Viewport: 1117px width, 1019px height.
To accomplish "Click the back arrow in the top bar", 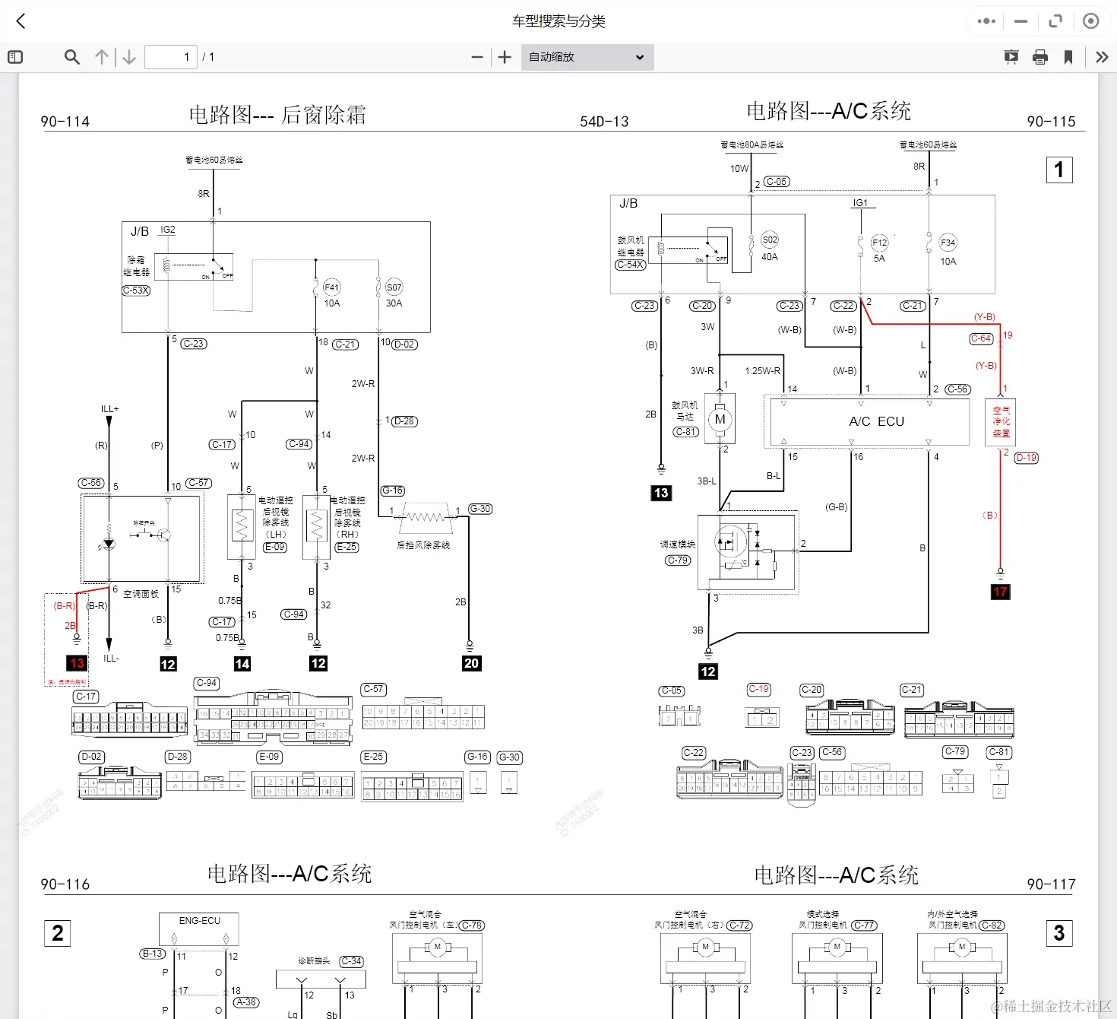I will click(x=21, y=21).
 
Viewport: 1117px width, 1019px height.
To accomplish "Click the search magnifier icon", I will click(x=72, y=57).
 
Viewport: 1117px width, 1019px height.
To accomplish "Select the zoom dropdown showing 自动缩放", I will click(x=587, y=57).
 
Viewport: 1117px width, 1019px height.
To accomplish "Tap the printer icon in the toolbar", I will click(x=1040, y=57).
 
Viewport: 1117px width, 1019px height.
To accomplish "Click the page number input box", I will click(x=171, y=57).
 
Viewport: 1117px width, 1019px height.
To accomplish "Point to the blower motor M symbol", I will click(x=720, y=419).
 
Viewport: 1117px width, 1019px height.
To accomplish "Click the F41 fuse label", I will click(x=332, y=287).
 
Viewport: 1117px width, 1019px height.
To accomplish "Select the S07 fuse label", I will click(x=394, y=287).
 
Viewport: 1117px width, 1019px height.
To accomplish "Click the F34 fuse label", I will click(x=948, y=243).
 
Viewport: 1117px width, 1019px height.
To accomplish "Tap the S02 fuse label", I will click(x=770, y=240).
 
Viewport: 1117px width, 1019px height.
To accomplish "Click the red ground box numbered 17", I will click(x=1000, y=592).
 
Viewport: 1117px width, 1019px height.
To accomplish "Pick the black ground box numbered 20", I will click(x=471, y=663).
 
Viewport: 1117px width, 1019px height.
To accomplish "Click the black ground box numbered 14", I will click(x=242, y=664).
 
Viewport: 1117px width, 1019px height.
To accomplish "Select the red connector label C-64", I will click(x=981, y=338).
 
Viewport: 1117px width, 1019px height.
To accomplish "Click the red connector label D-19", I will click(x=1026, y=458).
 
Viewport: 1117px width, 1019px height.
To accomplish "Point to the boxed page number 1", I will click(x=1059, y=170).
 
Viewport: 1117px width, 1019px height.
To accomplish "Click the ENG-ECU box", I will click(x=199, y=929).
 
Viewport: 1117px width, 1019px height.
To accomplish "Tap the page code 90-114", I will click(x=65, y=122).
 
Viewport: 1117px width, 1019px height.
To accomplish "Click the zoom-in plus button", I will click(x=505, y=57).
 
